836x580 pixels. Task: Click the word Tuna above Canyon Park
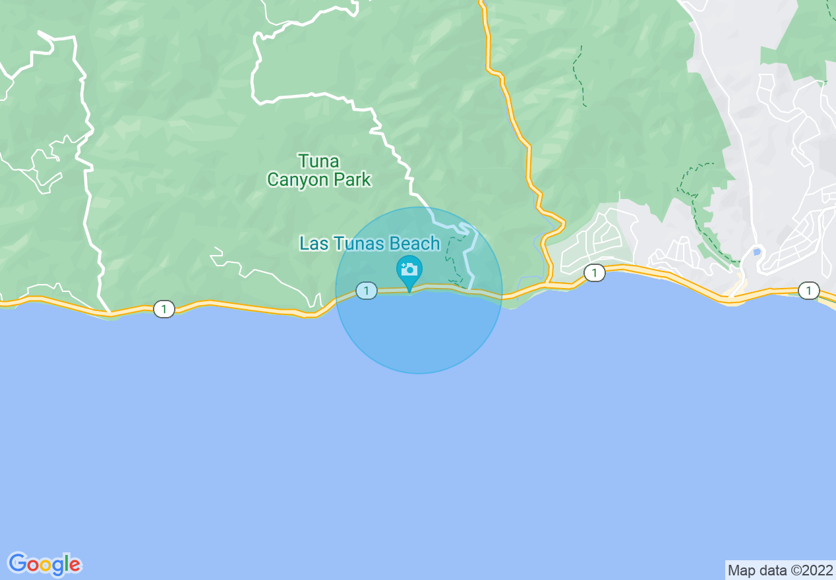point(318,161)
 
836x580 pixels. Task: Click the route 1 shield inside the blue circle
point(366,290)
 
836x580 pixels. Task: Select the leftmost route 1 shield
point(164,308)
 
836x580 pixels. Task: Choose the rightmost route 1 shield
point(808,291)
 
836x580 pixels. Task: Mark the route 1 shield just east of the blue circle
point(595,273)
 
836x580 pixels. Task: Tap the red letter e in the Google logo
point(75,565)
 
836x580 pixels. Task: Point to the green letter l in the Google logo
point(67,564)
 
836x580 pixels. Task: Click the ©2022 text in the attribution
point(810,570)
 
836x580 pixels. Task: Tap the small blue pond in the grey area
point(756,252)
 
